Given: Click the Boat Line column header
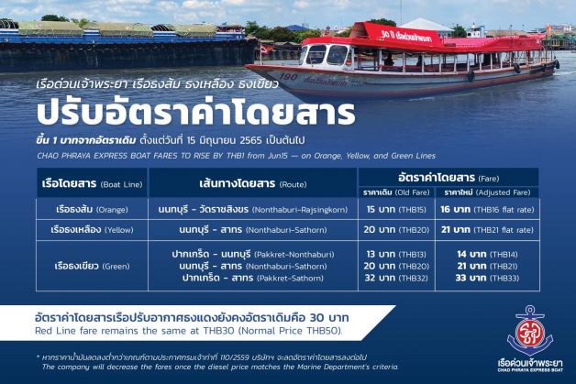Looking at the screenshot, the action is [x=93, y=183].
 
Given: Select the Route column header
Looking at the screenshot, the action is [x=253, y=183].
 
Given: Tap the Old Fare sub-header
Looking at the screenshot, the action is [x=396, y=192].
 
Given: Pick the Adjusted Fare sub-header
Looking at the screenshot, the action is [x=487, y=192].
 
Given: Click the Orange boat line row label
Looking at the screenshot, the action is [x=93, y=210].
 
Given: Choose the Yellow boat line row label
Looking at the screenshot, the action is [x=93, y=230].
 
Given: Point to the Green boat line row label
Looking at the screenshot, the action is [x=93, y=266].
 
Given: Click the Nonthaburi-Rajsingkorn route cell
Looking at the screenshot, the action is [x=253, y=210].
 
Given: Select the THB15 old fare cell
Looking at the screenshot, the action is [x=396, y=210].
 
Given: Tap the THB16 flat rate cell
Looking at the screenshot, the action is [x=487, y=210].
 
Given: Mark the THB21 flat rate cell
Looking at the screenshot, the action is [x=487, y=230].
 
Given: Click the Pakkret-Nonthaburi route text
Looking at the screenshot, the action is [x=253, y=254].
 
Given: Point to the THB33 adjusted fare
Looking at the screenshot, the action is [x=487, y=278].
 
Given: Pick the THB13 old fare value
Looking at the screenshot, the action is [x=396, y=254].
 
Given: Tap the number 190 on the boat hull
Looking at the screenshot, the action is [x=288, y=77].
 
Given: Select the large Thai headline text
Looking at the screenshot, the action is [x=195, y=113].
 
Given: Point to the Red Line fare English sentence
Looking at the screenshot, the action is [x=188, y=331].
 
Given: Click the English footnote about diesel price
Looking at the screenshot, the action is [x=220, y=367].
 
